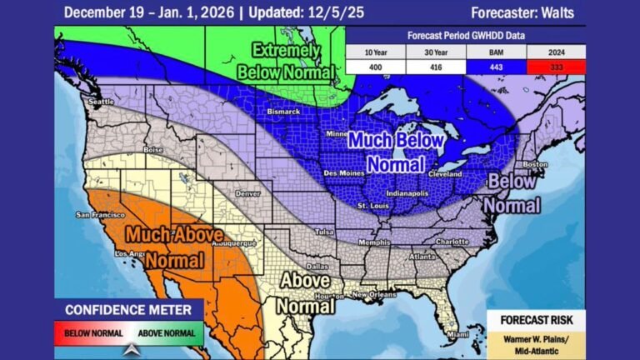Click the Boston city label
coord(535,164)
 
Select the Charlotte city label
coord(452,242)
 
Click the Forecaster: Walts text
coord(522,12)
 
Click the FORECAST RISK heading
coord(536,320)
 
